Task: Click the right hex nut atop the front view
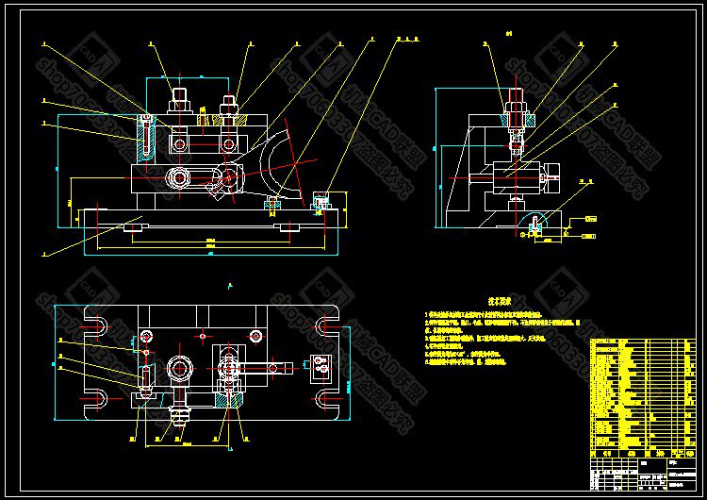coord(227,103)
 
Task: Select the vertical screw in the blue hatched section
coord(144,137)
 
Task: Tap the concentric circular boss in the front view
coord(178,177)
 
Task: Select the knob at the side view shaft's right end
coord(551,175)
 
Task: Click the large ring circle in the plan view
coord(180,367)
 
